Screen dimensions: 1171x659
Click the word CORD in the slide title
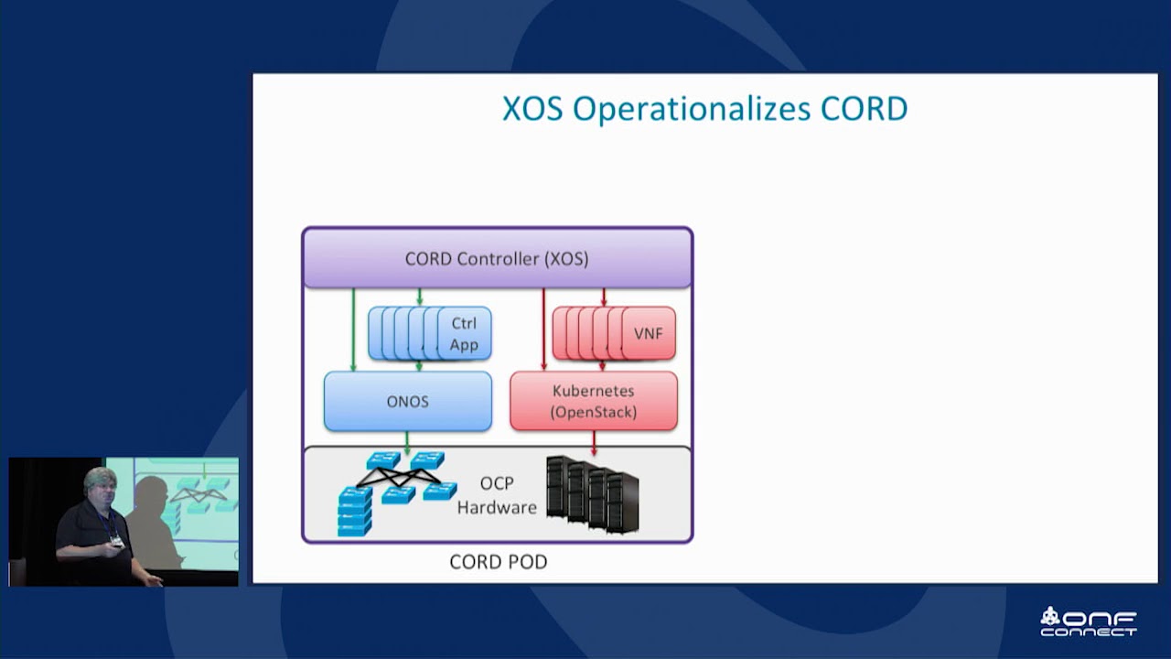[864, 109]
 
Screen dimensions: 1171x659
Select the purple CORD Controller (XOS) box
[497, 259]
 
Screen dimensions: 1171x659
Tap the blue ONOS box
[407, 402]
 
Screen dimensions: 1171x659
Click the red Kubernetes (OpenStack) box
[593, 401]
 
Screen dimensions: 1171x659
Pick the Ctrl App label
[464, 334]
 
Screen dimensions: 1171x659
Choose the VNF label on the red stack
[648, 334]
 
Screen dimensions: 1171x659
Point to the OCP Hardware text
[497, 495]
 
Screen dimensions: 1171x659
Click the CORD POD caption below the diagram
[498, 562]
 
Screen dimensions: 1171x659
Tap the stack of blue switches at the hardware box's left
[355, 512]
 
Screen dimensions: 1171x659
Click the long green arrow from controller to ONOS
[353, 329]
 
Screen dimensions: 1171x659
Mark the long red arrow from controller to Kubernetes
[543, 329]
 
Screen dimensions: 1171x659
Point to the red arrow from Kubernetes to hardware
[595, 443]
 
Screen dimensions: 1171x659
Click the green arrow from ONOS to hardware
[407, 443]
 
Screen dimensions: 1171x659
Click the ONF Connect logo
[1089, 621]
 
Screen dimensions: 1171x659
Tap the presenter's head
[98, 486]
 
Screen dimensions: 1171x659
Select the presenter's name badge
[117, 541]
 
